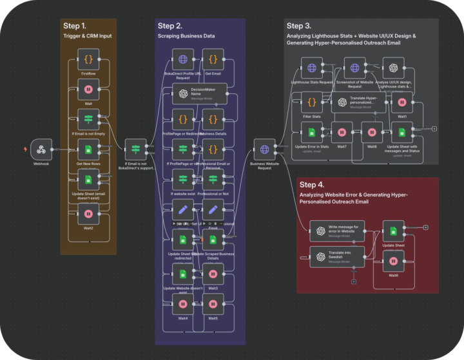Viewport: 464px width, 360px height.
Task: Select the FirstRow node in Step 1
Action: click(88, 59)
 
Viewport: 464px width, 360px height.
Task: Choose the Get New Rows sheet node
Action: click(88, 149)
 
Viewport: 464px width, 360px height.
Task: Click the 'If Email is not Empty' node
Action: click(88, 120)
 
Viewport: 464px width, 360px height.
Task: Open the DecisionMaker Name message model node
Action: click(199, 93)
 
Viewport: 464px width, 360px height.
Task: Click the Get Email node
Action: click(213, 59)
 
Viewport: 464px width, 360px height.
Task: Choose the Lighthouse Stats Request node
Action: click(312, 68)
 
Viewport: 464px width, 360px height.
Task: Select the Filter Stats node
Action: click(312, 102)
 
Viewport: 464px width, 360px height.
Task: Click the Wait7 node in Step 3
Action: click(342, 132)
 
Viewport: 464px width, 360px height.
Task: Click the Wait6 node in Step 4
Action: click(393, 260)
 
